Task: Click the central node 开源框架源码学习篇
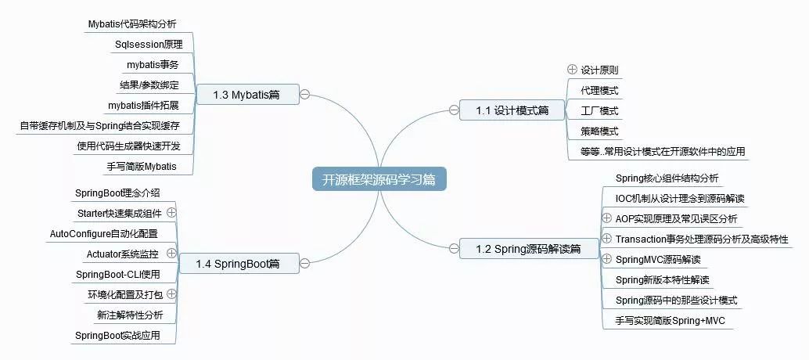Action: coord(379,179)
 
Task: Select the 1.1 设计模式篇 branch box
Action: coord(512,110)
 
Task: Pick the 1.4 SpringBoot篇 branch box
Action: coord(238,264)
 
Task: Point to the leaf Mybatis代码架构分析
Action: coord(137,23)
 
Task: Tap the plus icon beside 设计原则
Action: coord(572,70)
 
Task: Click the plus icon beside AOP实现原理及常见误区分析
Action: coord(607,218)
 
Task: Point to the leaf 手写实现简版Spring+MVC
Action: coord(671,321)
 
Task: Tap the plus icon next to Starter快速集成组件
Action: coord(171,212)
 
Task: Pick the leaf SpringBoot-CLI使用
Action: coord(117,274)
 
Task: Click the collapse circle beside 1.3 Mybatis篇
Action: coord(305,95)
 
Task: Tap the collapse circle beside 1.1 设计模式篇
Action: coord(454,110)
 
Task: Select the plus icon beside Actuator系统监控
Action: coord(171,254)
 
